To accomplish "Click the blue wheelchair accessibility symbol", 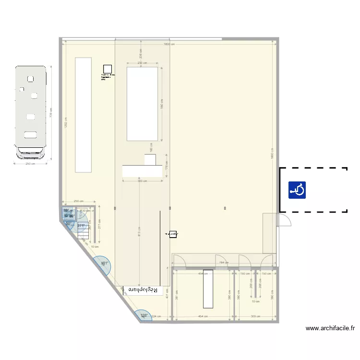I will (298, 190).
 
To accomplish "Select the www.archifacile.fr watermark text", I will (330, 329).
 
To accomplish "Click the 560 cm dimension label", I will (162, 104).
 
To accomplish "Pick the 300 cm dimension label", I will (142, 181).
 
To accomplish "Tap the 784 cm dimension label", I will (223, 263).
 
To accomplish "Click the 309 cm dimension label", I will (255, 317).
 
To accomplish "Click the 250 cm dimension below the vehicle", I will (30, 164).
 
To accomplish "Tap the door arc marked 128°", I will (143, 315).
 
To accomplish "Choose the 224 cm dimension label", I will (156, 317).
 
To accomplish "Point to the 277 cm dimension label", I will (99, 224).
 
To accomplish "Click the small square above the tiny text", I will (108, 70).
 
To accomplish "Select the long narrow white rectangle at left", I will (83, 114).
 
